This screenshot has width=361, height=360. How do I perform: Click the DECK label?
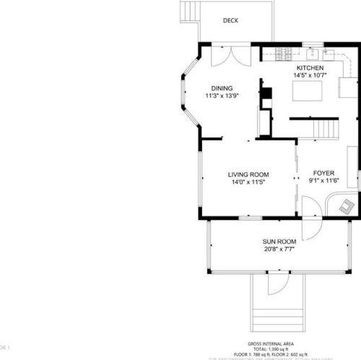[x=231, y=21]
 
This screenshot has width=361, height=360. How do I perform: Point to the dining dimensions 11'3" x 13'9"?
[x=222, y=95]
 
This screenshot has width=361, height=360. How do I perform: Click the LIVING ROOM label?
[x=248, y=175]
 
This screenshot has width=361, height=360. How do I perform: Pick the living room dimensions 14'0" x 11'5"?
[x=248, y=183]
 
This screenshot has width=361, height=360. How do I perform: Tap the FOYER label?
[x=322, y=175]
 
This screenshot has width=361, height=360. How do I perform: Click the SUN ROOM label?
[x=278, y=242]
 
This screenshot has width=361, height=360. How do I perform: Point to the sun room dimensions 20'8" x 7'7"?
[x=278, y=250]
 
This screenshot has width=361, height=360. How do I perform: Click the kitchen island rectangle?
[x=306, y=91]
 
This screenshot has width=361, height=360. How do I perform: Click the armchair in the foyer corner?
[x=347, y=206]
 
